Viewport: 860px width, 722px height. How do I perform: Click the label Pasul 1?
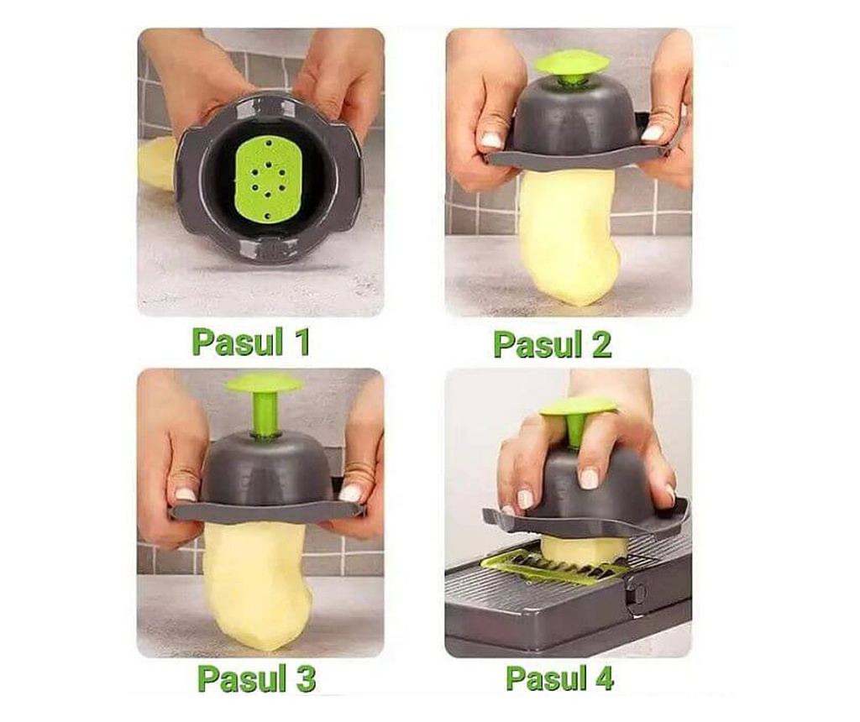click(251, 342)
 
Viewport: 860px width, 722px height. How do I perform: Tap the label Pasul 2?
click(553, 345)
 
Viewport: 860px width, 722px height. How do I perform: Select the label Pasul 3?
click(257, 678)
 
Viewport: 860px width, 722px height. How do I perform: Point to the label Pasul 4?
click(560, 678)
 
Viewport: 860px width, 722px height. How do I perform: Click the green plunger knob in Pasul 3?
click(263, 384)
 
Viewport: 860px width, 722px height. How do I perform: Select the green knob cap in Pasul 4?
click(578, 407)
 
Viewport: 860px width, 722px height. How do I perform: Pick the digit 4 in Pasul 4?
click(603, 678)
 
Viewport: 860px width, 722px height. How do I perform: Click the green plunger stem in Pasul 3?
click(263, 414)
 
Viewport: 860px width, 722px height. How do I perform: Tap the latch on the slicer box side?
click(638, 595)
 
